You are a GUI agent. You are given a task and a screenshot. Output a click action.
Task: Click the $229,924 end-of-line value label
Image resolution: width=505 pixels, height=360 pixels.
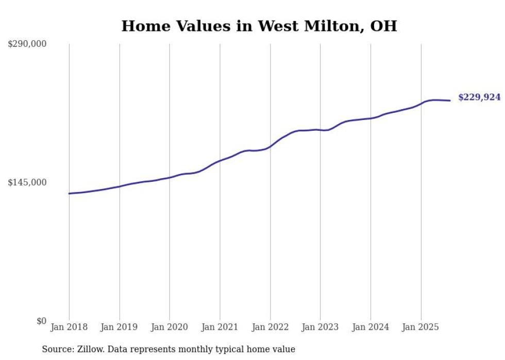[479, 97]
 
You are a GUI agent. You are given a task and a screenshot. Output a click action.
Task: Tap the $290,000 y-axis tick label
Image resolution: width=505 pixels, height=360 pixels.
[27, 44]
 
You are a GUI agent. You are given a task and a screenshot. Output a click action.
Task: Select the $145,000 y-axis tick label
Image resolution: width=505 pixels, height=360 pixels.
[27, 182]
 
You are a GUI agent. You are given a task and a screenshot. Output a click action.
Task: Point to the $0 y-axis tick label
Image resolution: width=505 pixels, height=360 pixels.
[41, 321]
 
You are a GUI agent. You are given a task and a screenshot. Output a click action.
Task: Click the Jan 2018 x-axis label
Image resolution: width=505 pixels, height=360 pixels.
[69, 327]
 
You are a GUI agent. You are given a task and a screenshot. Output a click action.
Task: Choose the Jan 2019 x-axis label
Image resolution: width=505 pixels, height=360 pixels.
[119, 327]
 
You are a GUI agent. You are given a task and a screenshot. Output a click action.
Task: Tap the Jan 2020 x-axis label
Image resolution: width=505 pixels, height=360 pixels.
[170, 327]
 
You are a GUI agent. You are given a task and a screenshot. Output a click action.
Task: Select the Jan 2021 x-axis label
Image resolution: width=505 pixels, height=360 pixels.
[220, 327]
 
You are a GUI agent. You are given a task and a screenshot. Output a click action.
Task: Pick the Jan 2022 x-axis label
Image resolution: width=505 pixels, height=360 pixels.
[270, 327]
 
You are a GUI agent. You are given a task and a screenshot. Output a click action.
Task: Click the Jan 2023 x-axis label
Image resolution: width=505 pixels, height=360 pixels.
[320, 327]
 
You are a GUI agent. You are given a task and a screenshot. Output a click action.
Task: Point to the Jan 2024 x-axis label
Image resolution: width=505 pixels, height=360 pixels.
[371, 327]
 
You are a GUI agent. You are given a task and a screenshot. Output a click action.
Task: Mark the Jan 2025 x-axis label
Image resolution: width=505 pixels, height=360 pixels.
[420, 327]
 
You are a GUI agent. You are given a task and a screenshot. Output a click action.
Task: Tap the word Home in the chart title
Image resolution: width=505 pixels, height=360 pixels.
[144, 26]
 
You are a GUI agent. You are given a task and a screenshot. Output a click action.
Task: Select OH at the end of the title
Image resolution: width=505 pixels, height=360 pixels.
[384, 26]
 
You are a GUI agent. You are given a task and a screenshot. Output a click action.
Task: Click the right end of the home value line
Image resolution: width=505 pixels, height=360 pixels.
[450, 100]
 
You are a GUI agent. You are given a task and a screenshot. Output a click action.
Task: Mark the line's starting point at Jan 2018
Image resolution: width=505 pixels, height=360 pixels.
[69, 194]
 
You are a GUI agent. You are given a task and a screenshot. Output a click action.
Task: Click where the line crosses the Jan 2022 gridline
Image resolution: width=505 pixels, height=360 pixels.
[270, 146]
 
